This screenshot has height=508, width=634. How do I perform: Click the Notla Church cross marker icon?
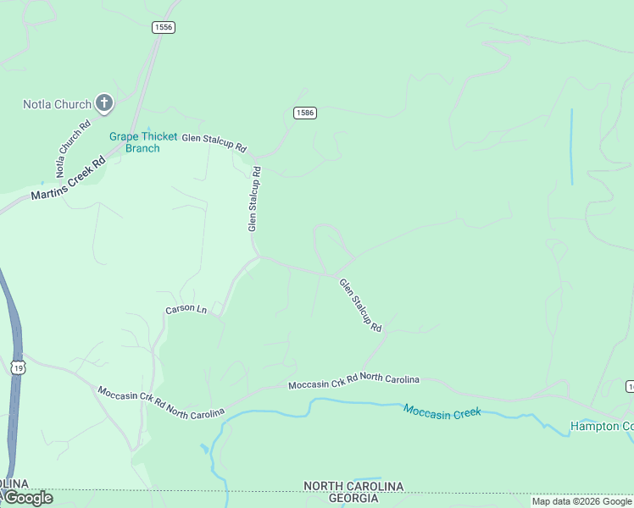click(x=104, y=104)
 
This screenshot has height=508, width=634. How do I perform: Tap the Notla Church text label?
click(x=57, y=105)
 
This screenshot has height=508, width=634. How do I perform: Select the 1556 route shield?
click(x=164, y=28)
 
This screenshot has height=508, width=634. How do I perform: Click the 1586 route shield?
click(x=305, y=113)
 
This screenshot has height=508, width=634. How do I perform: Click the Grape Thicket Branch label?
click(x=143, y=142)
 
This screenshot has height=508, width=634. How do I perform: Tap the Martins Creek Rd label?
click(x=68, y=178)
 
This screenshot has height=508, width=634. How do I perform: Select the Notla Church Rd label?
click(x=73, y=149)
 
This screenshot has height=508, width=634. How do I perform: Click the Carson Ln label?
click(x=186, y=310)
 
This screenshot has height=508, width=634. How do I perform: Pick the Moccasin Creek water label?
click(x=442, y=411)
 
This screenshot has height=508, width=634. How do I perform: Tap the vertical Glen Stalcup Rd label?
click(x=253, y=199)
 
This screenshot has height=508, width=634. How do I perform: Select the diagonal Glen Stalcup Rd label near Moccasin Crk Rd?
click(x=360, y=305)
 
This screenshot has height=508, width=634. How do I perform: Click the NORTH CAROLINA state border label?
click(x=354, y=487)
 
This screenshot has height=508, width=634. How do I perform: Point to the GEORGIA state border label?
click(x=353, y=499)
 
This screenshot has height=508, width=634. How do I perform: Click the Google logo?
click(x=28, y=498)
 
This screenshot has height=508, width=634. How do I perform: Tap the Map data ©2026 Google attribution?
click(x=581, y=502)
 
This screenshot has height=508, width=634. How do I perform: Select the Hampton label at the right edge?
click(x=602, y=426)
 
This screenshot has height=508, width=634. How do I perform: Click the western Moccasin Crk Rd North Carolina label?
click(x=161, y=401)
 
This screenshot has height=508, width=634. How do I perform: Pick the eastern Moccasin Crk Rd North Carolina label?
click(x=353, y=381)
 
